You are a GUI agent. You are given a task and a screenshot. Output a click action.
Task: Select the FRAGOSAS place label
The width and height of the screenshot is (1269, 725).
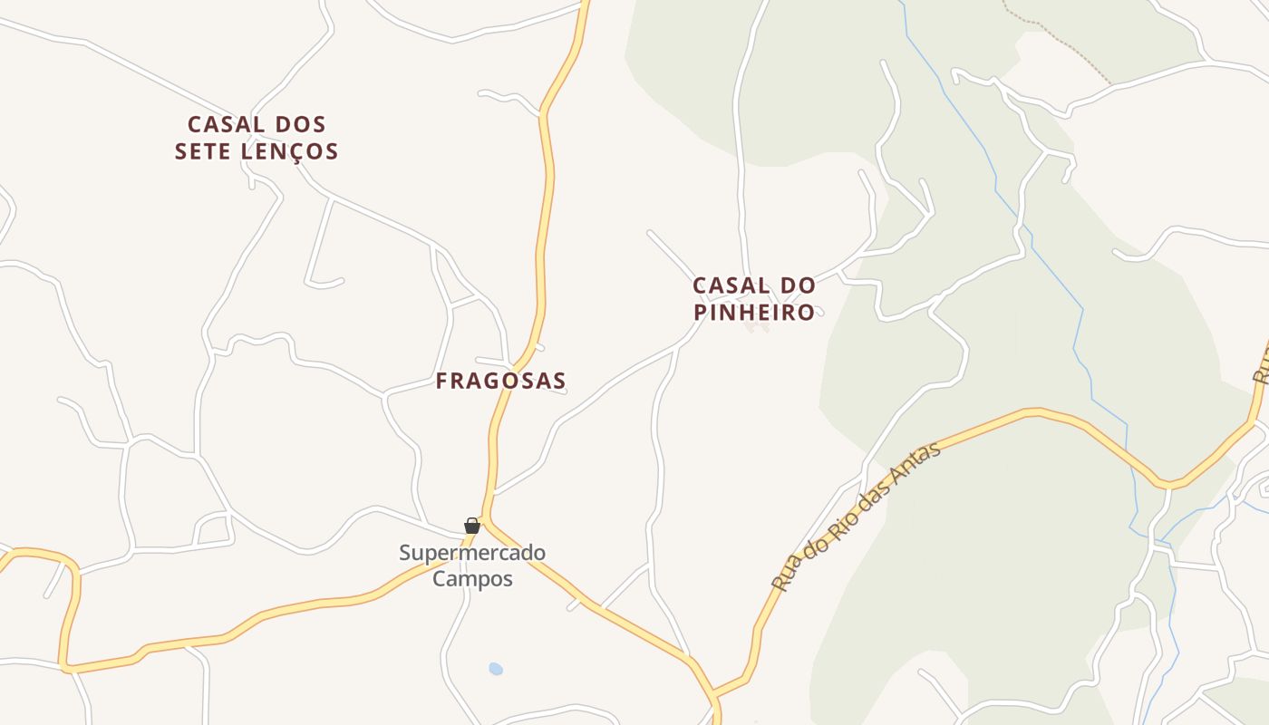(x=500, y=381)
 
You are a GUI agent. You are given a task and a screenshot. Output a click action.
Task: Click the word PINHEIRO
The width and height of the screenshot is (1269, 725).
(x=754, y=313)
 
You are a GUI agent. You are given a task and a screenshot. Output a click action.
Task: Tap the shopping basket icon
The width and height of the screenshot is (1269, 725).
(x=471, y=526)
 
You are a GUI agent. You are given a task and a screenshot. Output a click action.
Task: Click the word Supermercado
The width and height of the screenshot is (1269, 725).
(x=472, y=553)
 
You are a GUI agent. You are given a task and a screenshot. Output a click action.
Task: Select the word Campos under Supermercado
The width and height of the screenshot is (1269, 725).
(x=472, y=578)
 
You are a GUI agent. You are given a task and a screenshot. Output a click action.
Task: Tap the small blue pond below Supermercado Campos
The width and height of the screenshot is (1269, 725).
(x=495, y=669)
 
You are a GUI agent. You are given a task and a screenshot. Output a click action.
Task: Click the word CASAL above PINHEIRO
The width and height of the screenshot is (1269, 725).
(x=723, y=285)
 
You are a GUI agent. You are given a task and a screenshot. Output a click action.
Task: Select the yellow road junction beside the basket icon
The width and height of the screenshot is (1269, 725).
(x=486, y=520)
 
